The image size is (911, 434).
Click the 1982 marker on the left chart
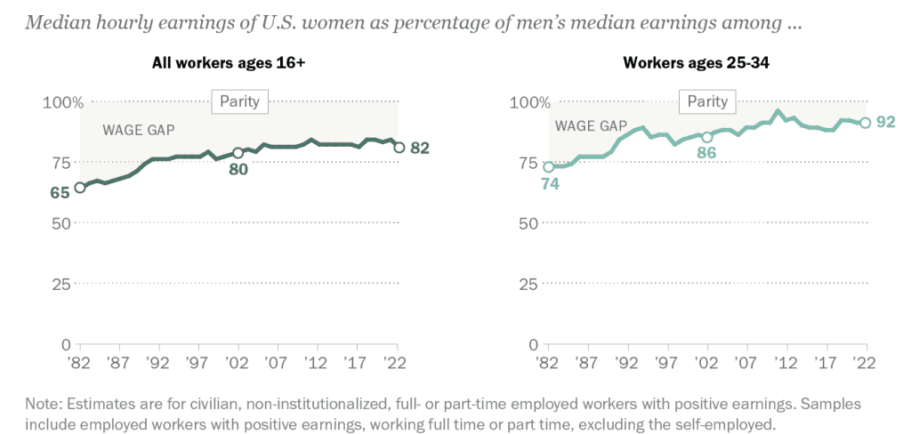80,187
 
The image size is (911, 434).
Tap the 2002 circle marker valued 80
238,153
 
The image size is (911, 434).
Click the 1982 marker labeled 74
549,166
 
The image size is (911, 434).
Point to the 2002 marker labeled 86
707,137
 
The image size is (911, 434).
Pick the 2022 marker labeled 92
865,123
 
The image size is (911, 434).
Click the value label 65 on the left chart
60,192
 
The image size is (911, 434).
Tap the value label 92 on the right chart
885,122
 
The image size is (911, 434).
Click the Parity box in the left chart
239,101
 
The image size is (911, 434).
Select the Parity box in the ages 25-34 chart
708,101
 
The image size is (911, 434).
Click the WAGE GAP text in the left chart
138,130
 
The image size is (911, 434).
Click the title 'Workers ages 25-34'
708,63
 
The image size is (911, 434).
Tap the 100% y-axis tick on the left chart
62,102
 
